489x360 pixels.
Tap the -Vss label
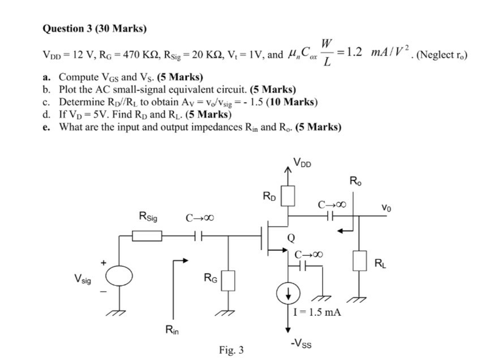[x=301, y=342]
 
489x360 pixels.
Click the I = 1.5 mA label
[x=318, y=311]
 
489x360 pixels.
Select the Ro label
[x=354, y=182]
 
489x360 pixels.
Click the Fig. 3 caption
[x=231, y=350]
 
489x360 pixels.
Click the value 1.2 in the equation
[x=356, y=52]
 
